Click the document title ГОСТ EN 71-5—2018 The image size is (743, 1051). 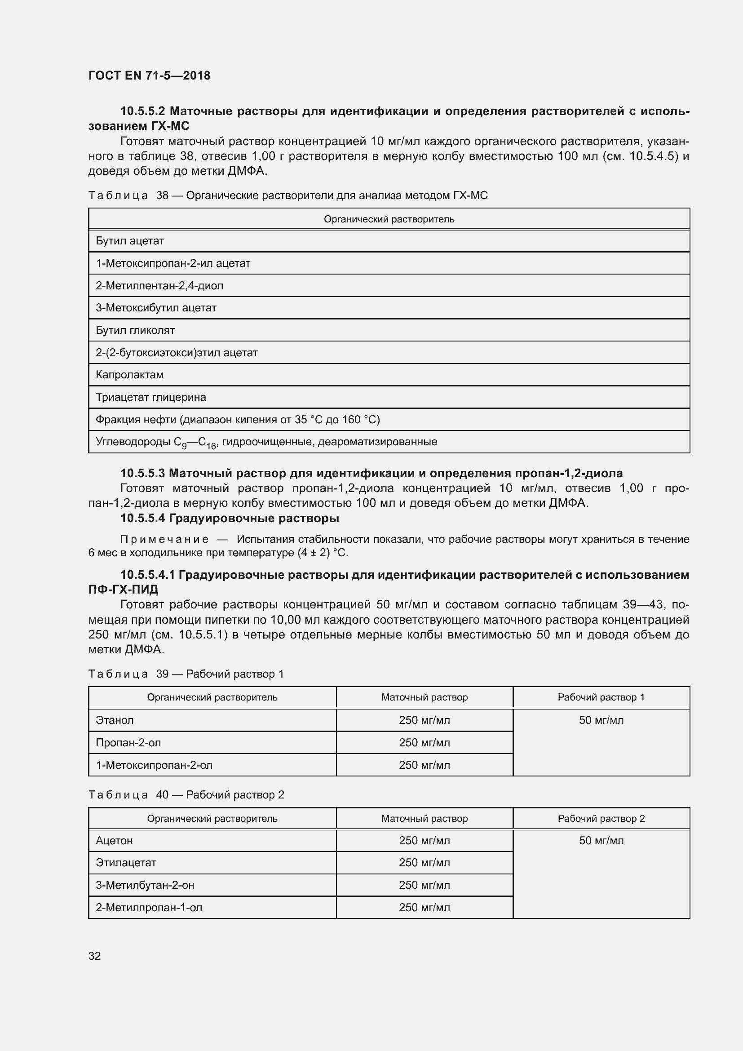(149, 75)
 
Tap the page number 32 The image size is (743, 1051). (95, 956)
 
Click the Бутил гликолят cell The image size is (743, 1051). (135, 331)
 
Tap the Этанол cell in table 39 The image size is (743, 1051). (115, 720)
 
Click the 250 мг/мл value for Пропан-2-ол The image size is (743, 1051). (424, 742)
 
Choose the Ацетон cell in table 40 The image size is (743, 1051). (114, 840)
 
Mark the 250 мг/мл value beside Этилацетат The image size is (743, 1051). (424, 862)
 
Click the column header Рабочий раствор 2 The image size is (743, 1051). (601, 818)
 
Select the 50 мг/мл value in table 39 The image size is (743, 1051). (601, 720)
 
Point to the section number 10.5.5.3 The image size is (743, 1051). (143, 473)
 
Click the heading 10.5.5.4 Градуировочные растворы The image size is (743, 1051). (230, 518)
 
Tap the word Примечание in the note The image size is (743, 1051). (164, 539)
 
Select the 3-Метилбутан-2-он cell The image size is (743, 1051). (145, 885)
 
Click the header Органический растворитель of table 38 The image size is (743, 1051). (389, 219)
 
